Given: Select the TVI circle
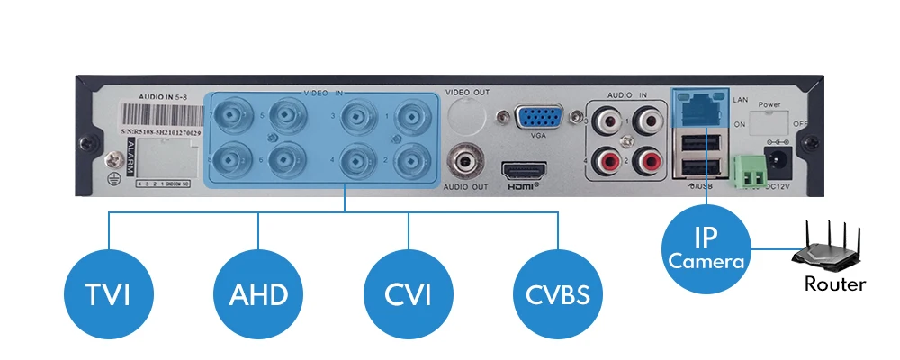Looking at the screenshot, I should pos(109,293).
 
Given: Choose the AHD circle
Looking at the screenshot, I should pos(258,293).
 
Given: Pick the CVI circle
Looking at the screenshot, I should pos(408,293).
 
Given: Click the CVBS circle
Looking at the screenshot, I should pos(558,293).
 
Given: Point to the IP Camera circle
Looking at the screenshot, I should pos(706,249).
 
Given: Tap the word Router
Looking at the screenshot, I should pos(835,284).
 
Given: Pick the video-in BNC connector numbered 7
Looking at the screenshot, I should pos(232,116).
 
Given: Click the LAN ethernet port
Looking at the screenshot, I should pos(697,108).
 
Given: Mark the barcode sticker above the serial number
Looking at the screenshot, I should pos(160,116).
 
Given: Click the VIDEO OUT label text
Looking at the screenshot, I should pos(469,92).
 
